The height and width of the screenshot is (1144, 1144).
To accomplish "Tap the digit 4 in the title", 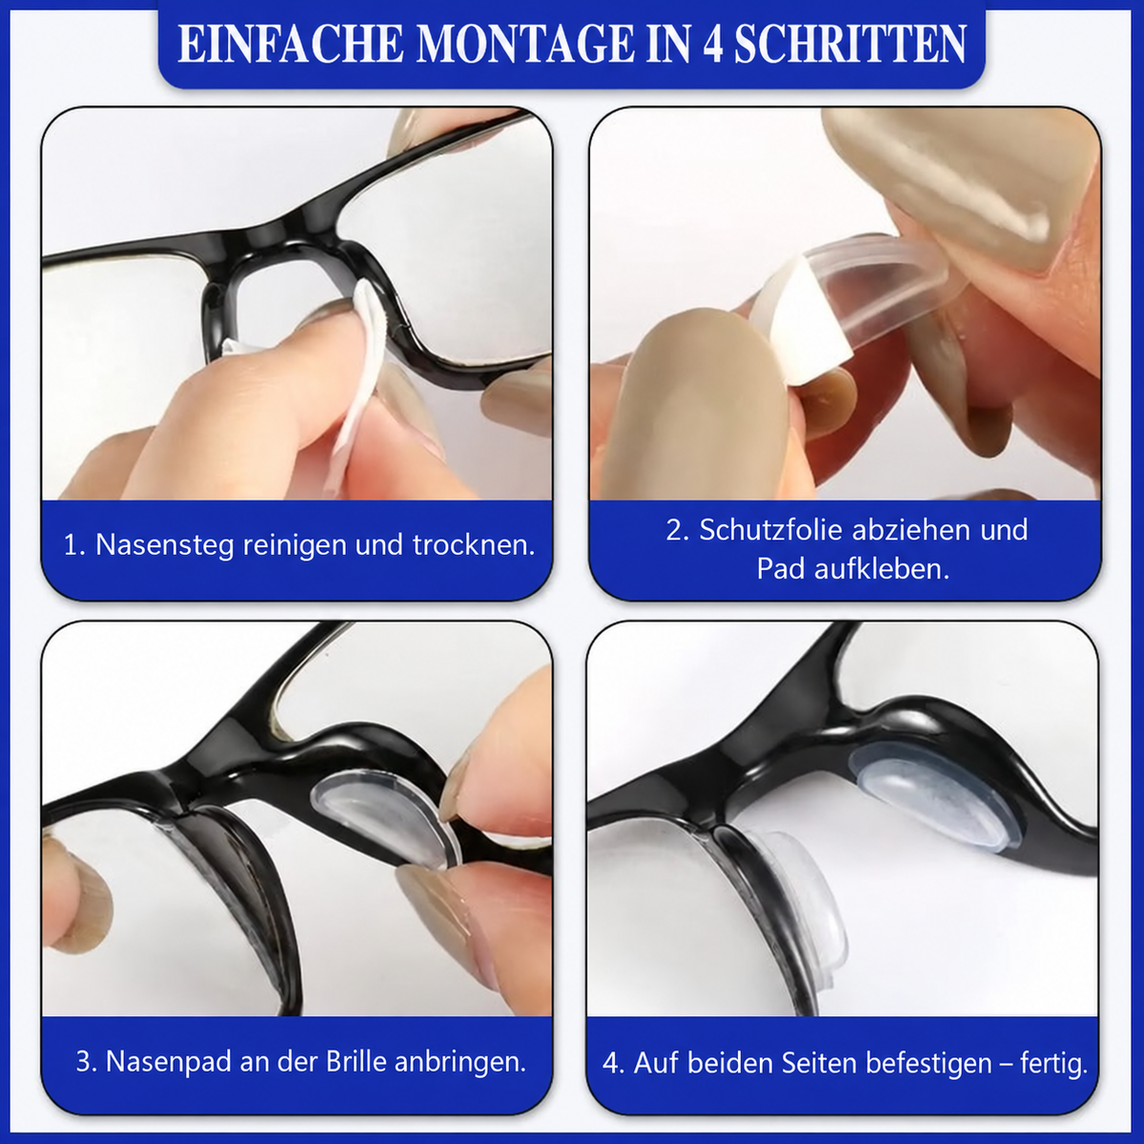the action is pyautogui.click(x=712, y=45).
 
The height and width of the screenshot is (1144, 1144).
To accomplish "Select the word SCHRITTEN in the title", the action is pyautogui.click(x=850, y=45).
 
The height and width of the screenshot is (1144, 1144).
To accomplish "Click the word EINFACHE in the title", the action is pyautogui.click(x=291, y=45).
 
